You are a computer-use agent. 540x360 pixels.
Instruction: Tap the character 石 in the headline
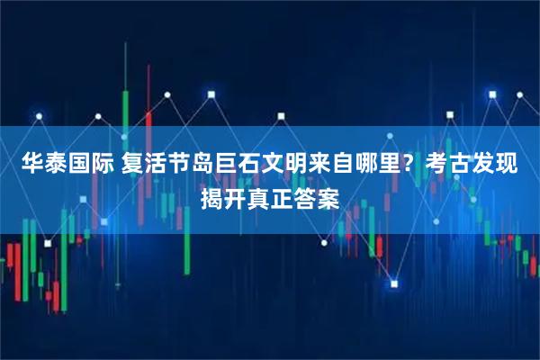(245, 165)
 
